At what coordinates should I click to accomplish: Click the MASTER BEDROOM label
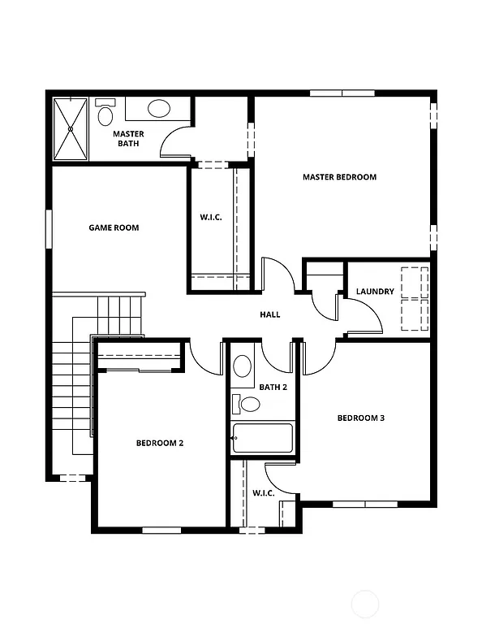point(339,177)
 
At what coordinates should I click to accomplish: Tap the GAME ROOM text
point(114,227)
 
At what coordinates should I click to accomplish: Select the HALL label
point(270,314)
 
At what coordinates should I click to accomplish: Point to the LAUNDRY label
point(375,292)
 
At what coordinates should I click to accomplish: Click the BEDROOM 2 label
point(159,443)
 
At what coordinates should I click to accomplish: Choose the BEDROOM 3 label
point(360,418)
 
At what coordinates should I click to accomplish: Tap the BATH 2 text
point(273,387)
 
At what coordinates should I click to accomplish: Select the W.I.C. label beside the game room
point(212,217)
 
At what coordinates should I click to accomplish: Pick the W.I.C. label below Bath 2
point(263,492)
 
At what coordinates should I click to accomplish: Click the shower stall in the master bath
point(70,128)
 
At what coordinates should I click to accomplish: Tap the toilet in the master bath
point(105,114)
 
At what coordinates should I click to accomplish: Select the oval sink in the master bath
point(158,108)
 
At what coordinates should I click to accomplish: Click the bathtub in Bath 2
point(262,438)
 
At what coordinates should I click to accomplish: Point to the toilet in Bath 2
point(243,403)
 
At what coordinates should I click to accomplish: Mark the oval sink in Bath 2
point(243,366)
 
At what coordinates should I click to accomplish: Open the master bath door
point(176,144)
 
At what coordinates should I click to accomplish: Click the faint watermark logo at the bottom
point(368,604)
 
